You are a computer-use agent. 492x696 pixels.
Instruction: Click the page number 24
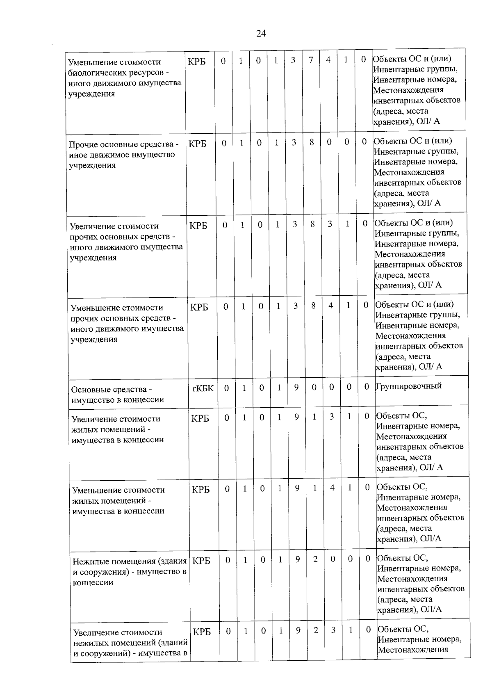point(261,34)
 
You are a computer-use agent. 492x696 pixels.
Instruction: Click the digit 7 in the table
point(311,60)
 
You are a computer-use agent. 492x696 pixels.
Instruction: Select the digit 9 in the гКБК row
point(296,387)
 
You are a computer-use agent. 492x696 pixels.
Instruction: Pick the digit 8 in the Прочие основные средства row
point(312,143)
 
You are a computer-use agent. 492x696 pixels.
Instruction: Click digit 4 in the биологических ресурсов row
point(328,60)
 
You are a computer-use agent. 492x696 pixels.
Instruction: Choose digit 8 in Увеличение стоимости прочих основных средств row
point(312,224)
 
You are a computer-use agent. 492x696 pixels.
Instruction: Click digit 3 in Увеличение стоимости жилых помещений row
point(331,417)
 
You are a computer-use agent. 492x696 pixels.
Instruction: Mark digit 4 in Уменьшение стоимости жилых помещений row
point(332,488)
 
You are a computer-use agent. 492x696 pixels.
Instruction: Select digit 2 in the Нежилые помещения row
point(315,559)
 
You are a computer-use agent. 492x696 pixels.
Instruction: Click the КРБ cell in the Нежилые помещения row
point(201,561)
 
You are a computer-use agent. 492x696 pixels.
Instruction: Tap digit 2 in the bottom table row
point(316,630)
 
